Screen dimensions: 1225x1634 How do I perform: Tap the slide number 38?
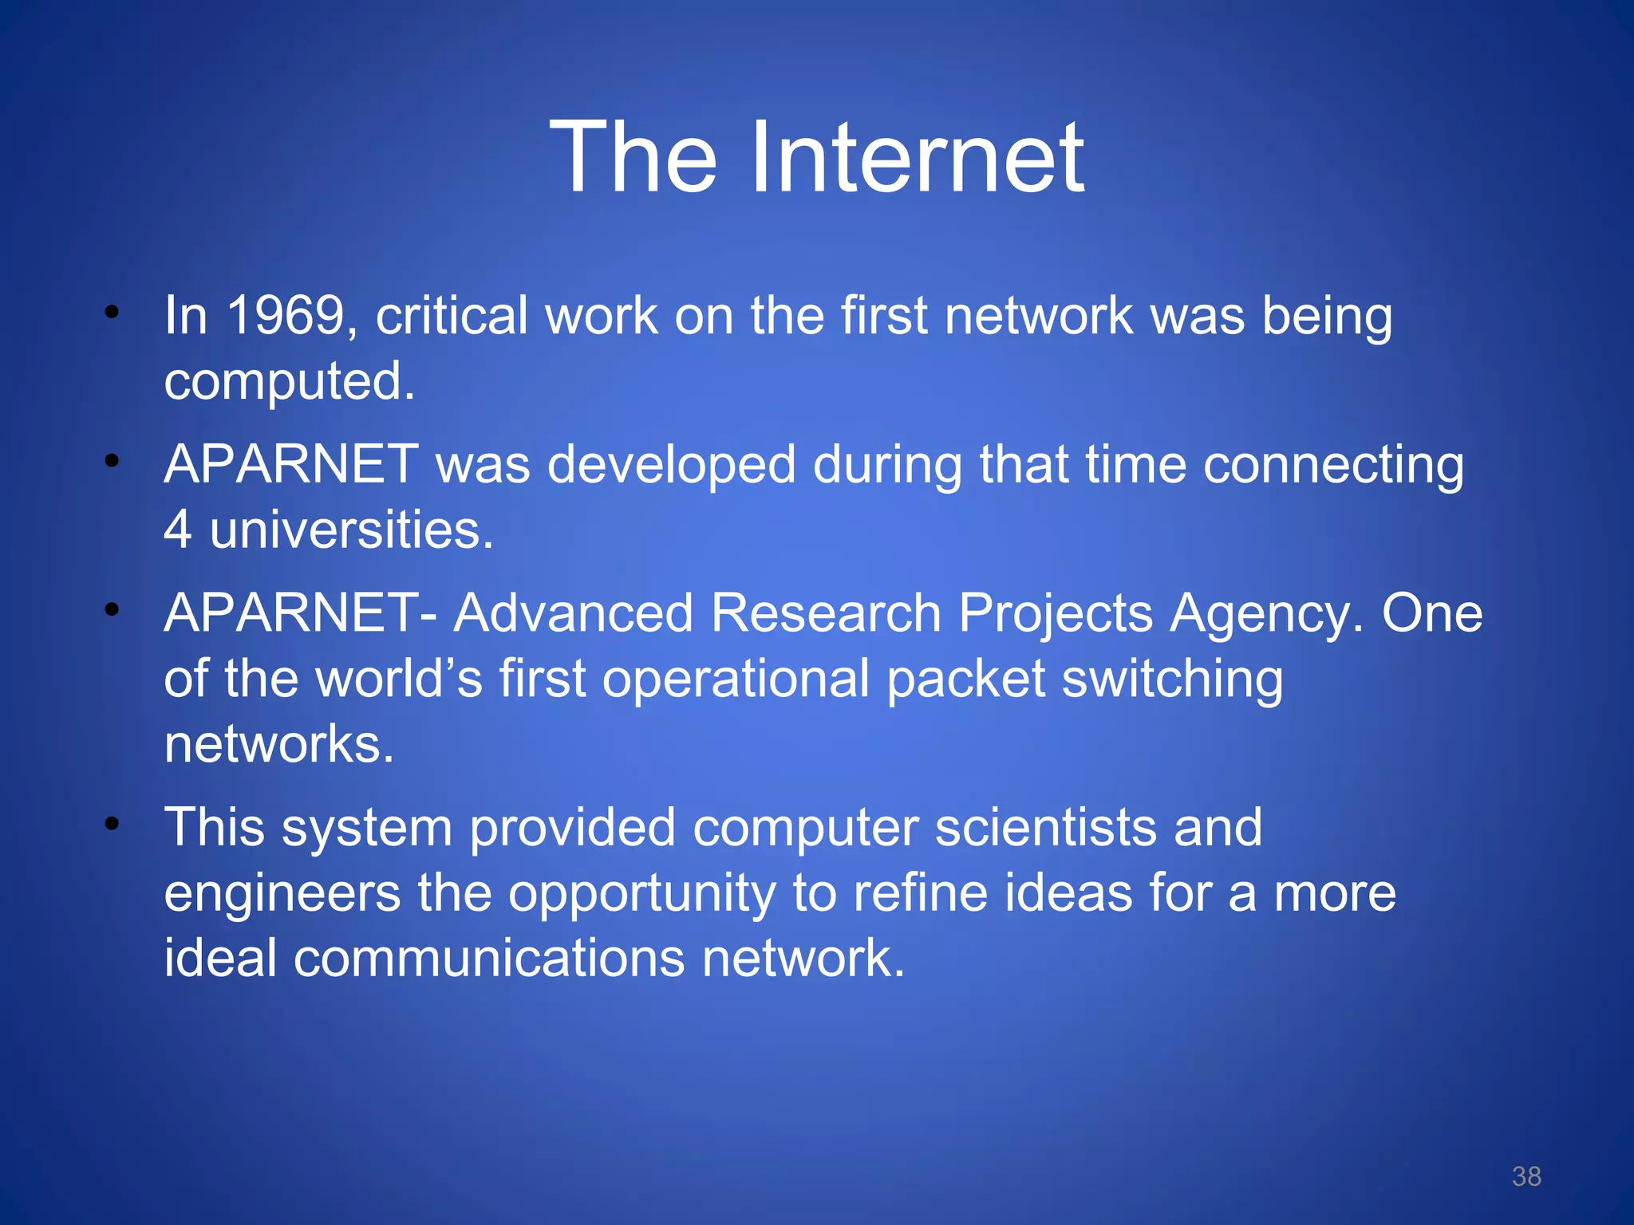click(1526, 1176)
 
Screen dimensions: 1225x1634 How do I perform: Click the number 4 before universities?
click(177, 530)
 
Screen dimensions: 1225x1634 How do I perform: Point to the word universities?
click(351, 530)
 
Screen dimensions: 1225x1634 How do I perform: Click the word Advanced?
click(573, 613)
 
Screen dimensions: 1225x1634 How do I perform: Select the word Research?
click(825, 613)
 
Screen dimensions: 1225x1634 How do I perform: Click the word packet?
click(965, 680)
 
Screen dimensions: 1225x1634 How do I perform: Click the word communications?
click(488, 958)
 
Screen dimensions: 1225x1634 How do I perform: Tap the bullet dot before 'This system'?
click(112, 823)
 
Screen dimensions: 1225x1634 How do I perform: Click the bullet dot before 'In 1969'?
click(112, 312)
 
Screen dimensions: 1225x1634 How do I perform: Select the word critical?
click(452, 316)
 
